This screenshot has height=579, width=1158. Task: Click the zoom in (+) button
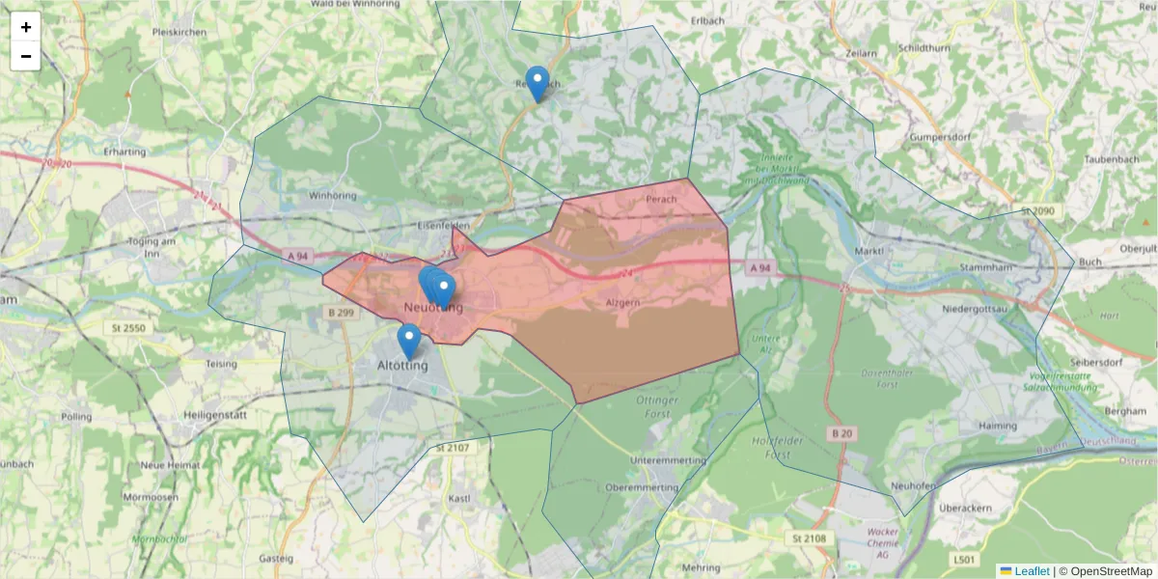point(26,27)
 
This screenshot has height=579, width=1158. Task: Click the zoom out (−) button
point(26,56)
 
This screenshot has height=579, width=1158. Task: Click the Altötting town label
point(401,366)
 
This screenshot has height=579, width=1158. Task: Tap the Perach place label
point(661,200)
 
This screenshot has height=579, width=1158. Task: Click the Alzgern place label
point(621,302)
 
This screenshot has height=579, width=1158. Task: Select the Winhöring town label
point(332,195)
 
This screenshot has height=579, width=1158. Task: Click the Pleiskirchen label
point(179,32)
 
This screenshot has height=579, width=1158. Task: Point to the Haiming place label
point(997,426)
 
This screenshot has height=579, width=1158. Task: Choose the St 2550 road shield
point(128,329)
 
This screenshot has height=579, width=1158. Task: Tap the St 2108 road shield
point(808,538)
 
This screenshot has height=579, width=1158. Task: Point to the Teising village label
point(221,364)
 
